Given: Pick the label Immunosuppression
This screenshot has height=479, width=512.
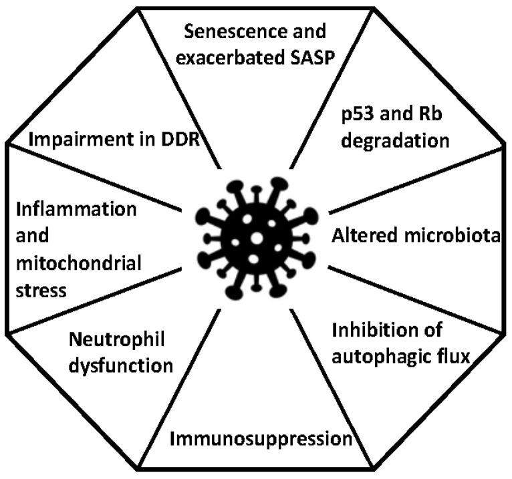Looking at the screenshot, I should (261, 440).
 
